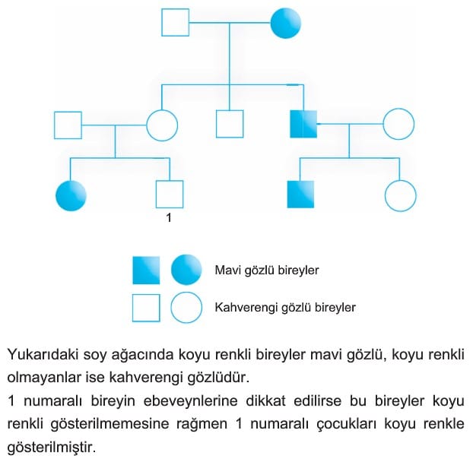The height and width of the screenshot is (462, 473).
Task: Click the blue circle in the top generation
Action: pyautogui.click(x=286, y=23)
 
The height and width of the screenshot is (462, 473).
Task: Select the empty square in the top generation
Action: pyautogui.click(x=176, y=22)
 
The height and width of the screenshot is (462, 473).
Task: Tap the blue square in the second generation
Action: pyautogui.click(x=303, y=124)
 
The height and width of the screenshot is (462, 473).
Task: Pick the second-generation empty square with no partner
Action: pyautogui.click(x=230, y=124)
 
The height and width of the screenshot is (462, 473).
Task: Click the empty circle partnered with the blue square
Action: pyautogui.click(x=398, y=124)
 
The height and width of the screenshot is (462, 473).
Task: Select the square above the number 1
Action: pyautogui.click(x=170, y=195)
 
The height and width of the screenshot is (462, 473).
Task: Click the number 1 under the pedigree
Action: pyautogui.click(x=169, y=218)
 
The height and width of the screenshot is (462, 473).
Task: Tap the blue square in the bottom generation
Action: pyautogui.click(x=300, y=195)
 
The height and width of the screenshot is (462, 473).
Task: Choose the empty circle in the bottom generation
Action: pyautogui.click(x=401, y=195)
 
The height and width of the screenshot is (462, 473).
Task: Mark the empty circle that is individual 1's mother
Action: pyautogui.click(x=162, y=125)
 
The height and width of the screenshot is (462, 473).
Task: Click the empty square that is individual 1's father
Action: pyautogui.click(x=68, y=125)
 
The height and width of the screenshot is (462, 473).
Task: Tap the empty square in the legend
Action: pyautogui.click(x=146, y=308)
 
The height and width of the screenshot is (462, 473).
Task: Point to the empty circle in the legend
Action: pyautogui.click(x=186, y=308)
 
